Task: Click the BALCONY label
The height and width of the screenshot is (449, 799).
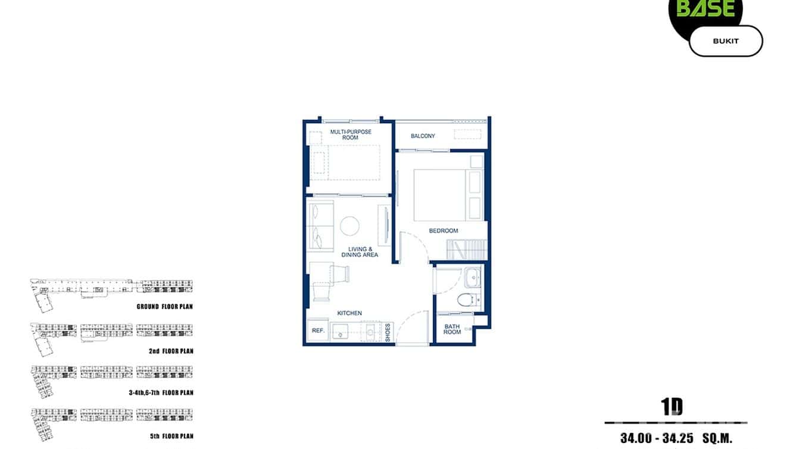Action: click(423, 136)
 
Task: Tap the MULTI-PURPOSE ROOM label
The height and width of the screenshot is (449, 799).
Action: click(351, 135)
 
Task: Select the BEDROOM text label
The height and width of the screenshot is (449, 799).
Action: click(444, 230)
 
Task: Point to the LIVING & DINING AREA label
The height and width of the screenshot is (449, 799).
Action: click(360, 252)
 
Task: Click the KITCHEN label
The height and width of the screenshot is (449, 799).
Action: click(349, 313)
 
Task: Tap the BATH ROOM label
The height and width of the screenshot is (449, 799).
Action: click(452, 329)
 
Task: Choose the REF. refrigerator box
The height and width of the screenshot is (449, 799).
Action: click(317, 330)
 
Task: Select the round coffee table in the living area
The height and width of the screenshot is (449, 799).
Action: click(349, 225)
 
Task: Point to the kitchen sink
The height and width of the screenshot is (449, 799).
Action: click(341, 331)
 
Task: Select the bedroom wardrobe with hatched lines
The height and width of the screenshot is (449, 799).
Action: click(467, 248)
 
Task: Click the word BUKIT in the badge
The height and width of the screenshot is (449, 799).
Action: click(725, 41)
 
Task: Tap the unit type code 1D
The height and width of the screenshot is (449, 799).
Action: click(672, 407)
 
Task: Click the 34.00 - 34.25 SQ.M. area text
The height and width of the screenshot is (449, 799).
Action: click(676, 438)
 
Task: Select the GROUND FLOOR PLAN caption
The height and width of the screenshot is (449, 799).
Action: click(164, 307)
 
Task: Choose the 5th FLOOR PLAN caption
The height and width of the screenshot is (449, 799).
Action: click(171, 436)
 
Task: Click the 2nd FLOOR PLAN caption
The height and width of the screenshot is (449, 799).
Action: click(171, 351)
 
